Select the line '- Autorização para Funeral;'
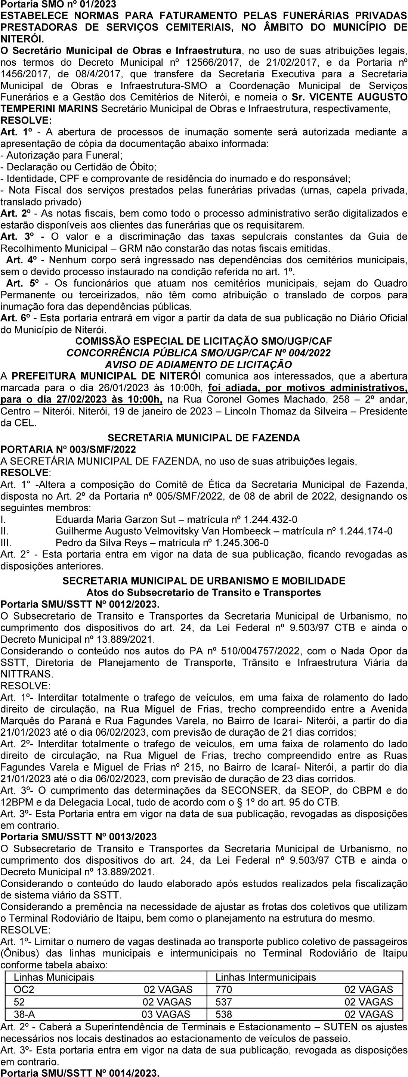(x=62, y=155)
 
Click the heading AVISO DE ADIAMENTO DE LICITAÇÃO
(x=198, y=364)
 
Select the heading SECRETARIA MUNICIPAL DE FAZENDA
(x=204, y=438)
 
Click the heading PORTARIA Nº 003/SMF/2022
(x=68, y=450)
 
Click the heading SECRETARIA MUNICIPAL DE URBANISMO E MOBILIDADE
(x=204, y=581)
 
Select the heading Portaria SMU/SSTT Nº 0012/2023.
(x=80, y=605)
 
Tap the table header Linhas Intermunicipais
(x=265, y=977)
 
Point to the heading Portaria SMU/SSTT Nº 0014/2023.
(x=80, y=1073)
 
